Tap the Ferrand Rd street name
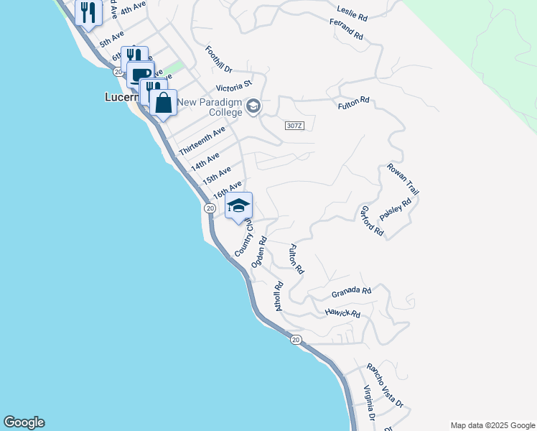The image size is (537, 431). pos(347,31)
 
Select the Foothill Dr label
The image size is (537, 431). pos(218,60)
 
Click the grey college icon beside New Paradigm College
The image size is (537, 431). pos(253,107)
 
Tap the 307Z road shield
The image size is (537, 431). pos(294,125)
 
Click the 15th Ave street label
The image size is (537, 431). pos(216,175)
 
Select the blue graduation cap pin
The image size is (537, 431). pos(238,207)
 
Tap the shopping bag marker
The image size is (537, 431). pos(164,103)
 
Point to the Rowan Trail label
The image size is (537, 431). pos(403,178)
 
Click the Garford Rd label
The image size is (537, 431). pos(372,222)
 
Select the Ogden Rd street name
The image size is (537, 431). pos(259,252)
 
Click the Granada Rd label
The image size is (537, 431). pos(351,292)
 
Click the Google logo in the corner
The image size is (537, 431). pos(24,422)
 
